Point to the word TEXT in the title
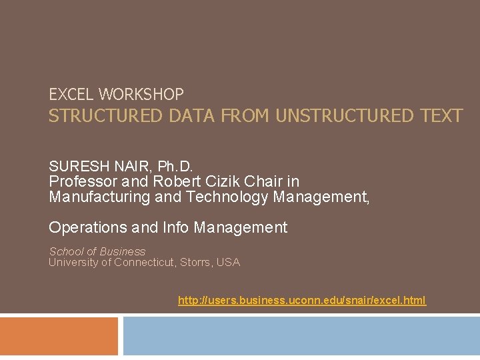(x=442, y=116)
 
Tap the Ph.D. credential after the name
(x=175, y=165)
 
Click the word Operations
(x=87, y=228)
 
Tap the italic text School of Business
(x=97, y=251)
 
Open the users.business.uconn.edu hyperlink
(x=301, y=301)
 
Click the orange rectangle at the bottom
(x=59, y=336)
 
